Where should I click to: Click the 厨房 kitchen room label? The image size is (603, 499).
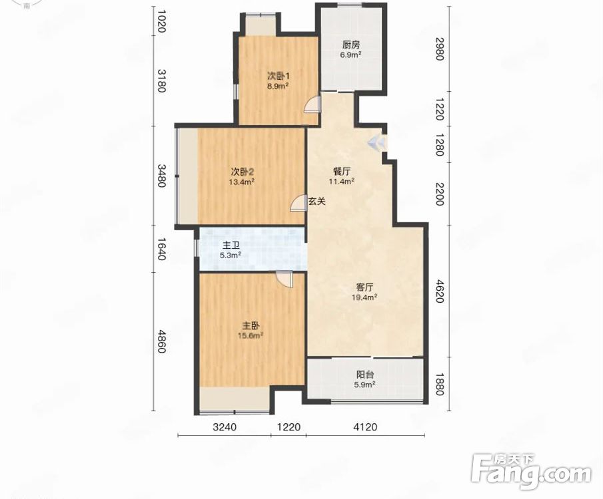click(x=350, y=44)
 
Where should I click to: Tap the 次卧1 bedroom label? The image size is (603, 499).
click(x=278, y=76)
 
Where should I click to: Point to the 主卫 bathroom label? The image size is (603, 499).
click(x=231, y=245)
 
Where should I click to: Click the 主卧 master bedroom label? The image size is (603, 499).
click(x=251, y=326)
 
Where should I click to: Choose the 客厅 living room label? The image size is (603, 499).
click(x=364, y=287)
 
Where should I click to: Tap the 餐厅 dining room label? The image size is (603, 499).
click(x=342, y=172)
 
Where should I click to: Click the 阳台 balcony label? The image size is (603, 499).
click(x=365, y=375)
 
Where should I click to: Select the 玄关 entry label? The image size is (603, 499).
click(x=317, y=201)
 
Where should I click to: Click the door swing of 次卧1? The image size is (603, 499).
click(x=312, y=104)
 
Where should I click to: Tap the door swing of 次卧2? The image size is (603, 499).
click(x=298, y=203)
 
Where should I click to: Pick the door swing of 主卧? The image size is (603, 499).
click(x=285, y=279)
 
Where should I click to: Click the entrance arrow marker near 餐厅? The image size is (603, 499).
click(x=376, y=143)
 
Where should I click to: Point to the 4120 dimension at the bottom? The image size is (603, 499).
click(x=365, y=426)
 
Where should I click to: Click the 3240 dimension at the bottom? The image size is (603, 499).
click(x=225, y=426)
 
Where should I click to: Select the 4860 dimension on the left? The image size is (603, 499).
click(x=162, y=341)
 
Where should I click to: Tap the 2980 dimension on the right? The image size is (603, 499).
click(x=440, y=49)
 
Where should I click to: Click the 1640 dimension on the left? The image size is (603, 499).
click(x=162, y=249)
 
